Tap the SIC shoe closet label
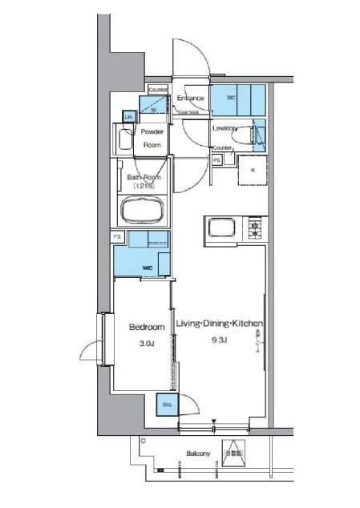233,98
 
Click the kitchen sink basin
220,229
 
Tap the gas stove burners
257,229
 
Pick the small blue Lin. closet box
128,117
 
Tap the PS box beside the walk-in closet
118,236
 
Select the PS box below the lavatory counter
217,160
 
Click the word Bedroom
147,327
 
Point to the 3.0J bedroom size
147,344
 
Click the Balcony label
199,454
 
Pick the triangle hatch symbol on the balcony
233,453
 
